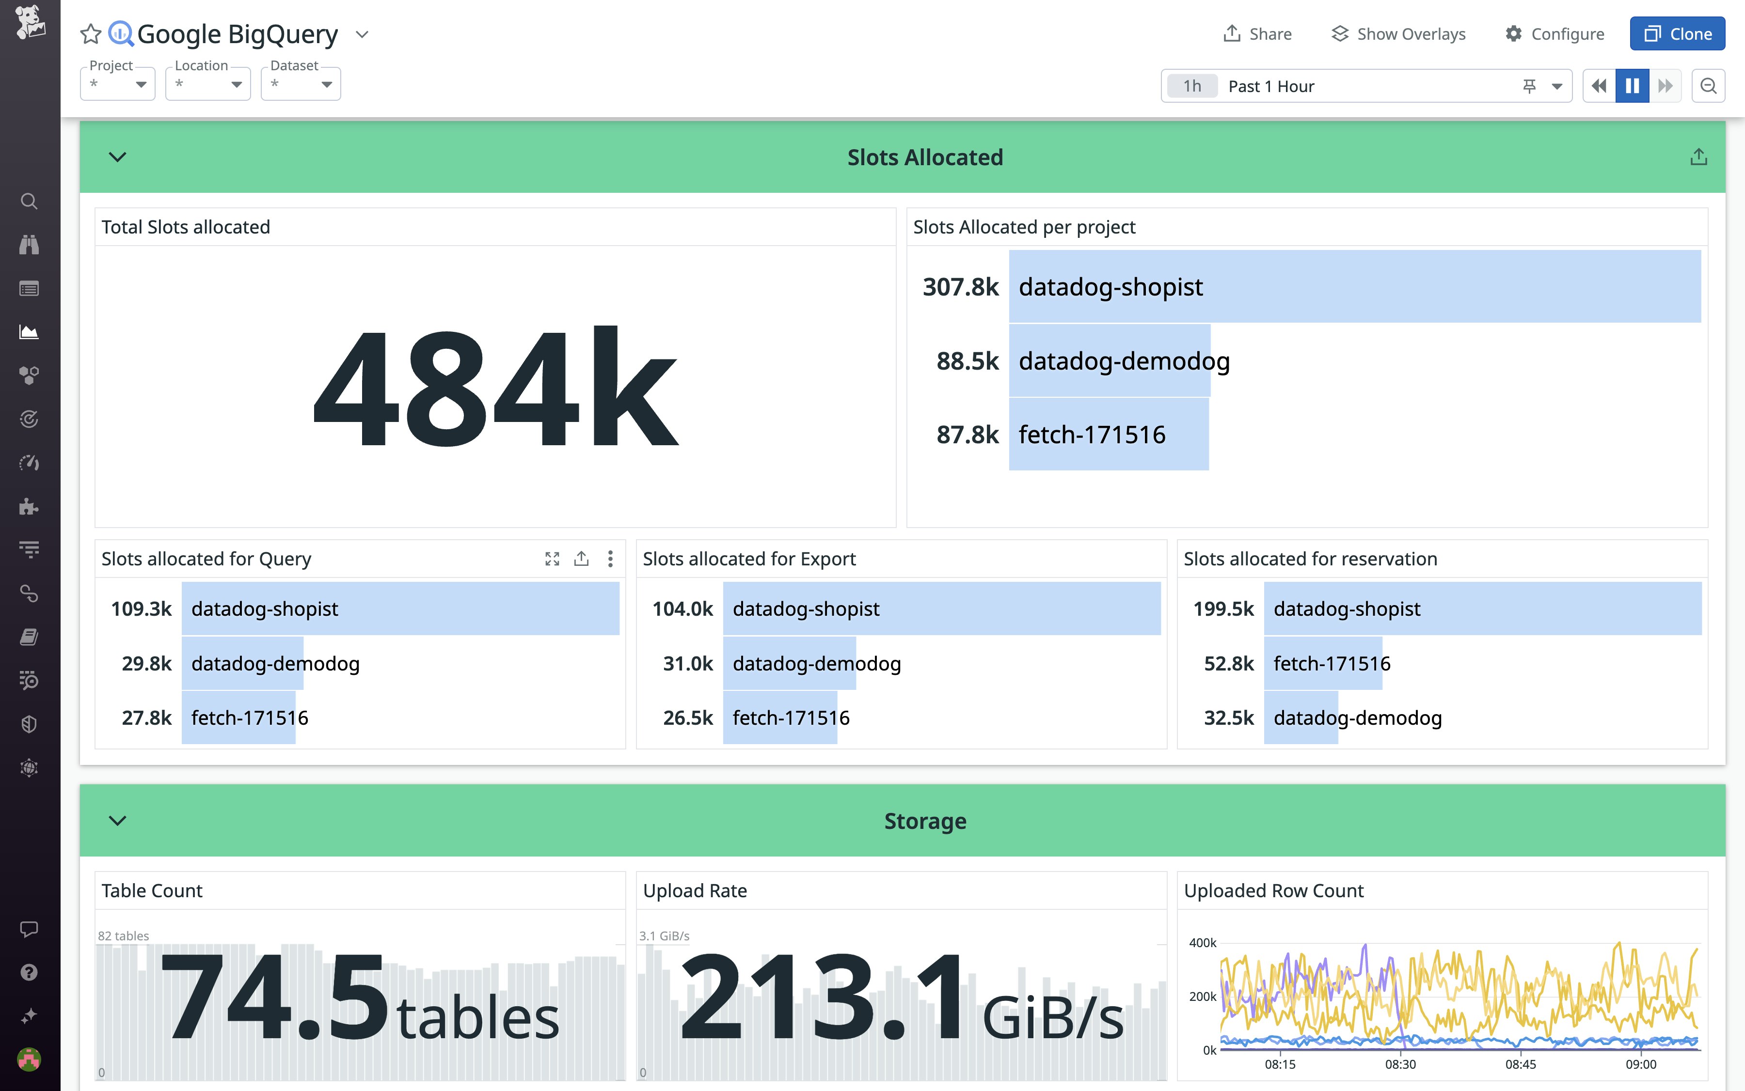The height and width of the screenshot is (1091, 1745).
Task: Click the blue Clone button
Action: pos(1677,34)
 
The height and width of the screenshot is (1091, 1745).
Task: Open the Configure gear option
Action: pos(1555,34)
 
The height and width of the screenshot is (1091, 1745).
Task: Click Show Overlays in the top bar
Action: pos(1398,34)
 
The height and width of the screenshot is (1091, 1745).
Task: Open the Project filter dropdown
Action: pos(118,84)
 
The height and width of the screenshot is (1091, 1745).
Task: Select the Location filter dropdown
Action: pos(208,84)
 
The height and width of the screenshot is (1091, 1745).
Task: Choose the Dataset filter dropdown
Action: pos(301,84)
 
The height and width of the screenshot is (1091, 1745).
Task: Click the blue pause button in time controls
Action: pos(1632,86)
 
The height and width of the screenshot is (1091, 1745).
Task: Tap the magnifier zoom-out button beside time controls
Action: pos(1708,86)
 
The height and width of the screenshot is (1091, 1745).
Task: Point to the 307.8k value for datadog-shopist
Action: pos(960,286)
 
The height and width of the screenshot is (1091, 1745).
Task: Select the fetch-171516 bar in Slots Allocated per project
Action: pos(1108,435)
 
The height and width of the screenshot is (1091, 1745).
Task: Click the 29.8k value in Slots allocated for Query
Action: pos(146,663)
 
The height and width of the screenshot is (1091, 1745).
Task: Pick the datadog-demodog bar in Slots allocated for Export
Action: pos(789,663)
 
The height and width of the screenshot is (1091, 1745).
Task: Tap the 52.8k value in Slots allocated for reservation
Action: pos(1229,663)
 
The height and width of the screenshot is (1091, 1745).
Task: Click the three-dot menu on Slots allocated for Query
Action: pos(610,559)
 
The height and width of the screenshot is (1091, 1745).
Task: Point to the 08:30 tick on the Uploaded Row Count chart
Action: pos(1400,1063)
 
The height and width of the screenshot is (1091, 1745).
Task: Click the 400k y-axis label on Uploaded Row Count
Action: pos(1202,942)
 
